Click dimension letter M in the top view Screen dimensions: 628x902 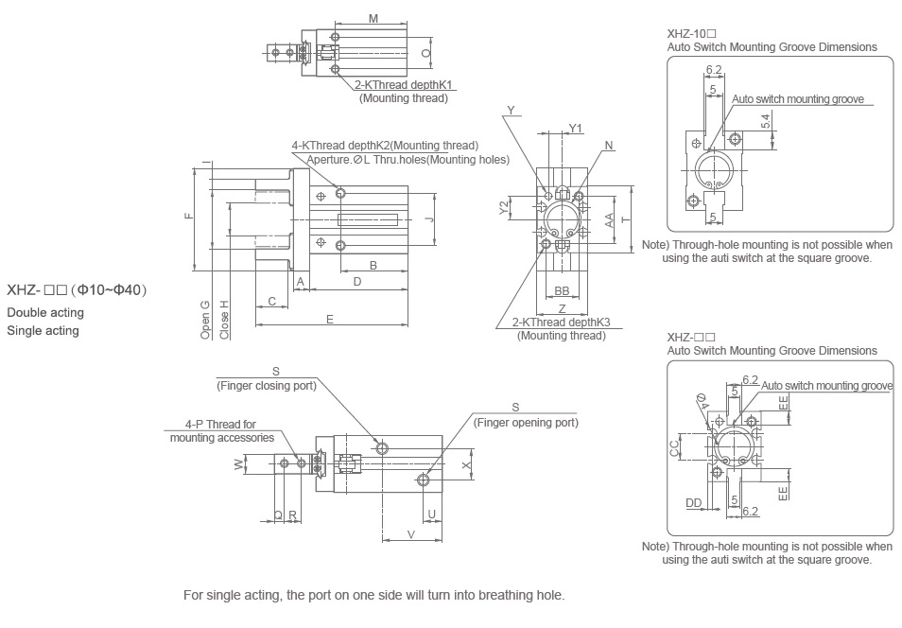[373, 18]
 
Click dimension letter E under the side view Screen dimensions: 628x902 [330, 320]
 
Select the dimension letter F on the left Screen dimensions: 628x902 [188, 217]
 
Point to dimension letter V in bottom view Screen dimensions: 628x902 [410, 534]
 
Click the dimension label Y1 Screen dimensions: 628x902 [576, 129]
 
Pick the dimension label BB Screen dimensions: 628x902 [562, 290]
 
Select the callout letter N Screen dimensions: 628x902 [610, 146]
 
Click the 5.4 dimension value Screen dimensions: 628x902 [766, 120]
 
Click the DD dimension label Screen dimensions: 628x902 [694, 503]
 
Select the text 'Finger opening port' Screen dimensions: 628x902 [526, 423]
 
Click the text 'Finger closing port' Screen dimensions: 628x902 [267, 385]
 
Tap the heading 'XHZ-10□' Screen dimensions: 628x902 [690, 33]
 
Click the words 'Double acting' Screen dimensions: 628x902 [44, 312]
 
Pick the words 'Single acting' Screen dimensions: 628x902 [43, 331]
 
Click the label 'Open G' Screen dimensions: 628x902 [204, 320]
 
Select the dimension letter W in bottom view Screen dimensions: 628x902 [238, 463]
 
